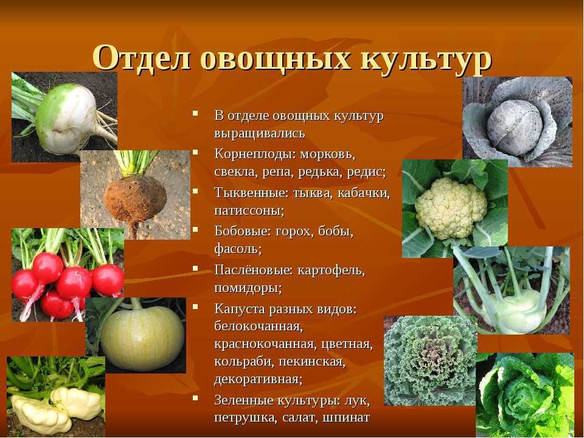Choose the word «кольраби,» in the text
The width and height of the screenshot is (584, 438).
click(x=238, y=362)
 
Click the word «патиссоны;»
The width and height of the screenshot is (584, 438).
click(x=249, y=210)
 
